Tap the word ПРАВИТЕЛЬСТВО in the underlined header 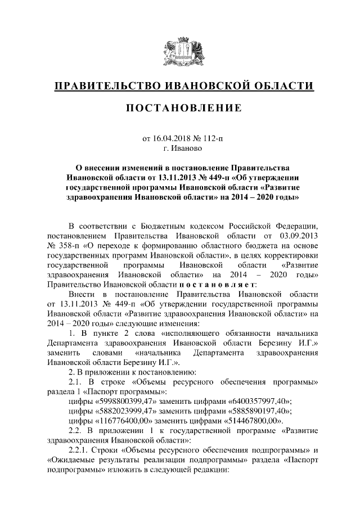coord(107,86)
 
